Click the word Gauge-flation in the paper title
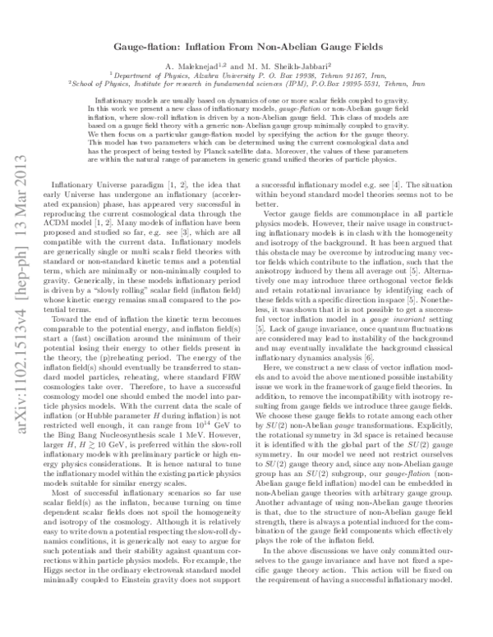[x=159, y=48]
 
